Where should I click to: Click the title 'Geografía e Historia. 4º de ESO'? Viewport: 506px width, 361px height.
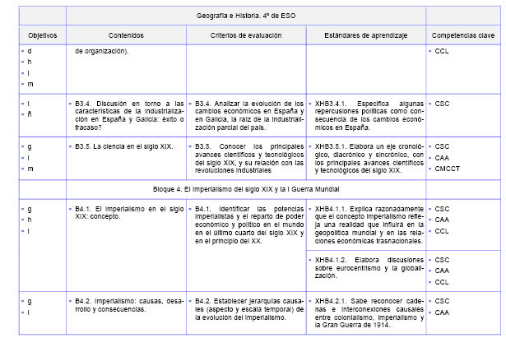[x=245, y=16]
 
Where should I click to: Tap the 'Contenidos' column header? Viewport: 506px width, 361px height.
[x=126, y=36]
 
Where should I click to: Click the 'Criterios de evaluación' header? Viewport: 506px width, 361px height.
[x=245, y=36]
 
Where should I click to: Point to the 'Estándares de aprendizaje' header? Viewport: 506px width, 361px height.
[x=364, y=36]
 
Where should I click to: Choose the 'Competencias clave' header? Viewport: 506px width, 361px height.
[x=463, y=36]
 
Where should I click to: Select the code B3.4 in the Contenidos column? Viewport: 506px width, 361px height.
[x=83, y=104]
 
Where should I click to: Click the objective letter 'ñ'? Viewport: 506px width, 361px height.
[x=30, y=115]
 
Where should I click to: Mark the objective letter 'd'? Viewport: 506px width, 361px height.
[x=30, y=52]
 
